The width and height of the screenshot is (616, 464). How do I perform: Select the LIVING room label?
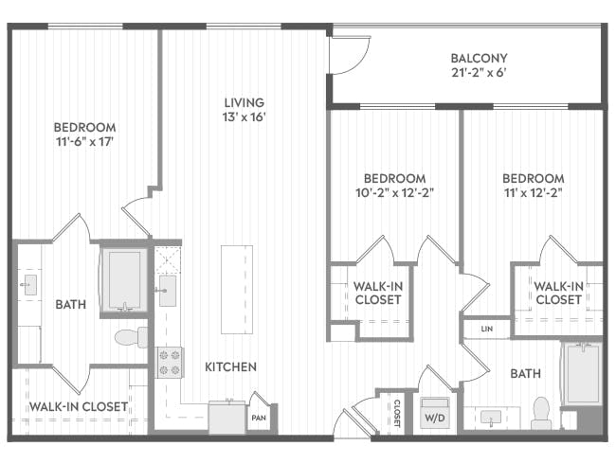244,102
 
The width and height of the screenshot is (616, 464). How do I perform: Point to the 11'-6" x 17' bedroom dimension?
84,142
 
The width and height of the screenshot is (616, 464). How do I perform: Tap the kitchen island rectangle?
237,289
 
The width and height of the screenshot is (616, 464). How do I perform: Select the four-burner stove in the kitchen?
171,362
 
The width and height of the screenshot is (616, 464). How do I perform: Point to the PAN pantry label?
258,416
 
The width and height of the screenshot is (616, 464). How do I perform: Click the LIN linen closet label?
487,329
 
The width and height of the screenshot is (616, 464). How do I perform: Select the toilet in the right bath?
542,413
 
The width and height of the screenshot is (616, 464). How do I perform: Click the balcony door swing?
345,57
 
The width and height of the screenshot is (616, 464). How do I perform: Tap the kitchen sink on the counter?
167,291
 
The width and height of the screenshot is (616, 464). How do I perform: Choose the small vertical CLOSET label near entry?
396,414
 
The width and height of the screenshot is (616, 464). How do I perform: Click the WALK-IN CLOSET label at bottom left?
78,406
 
